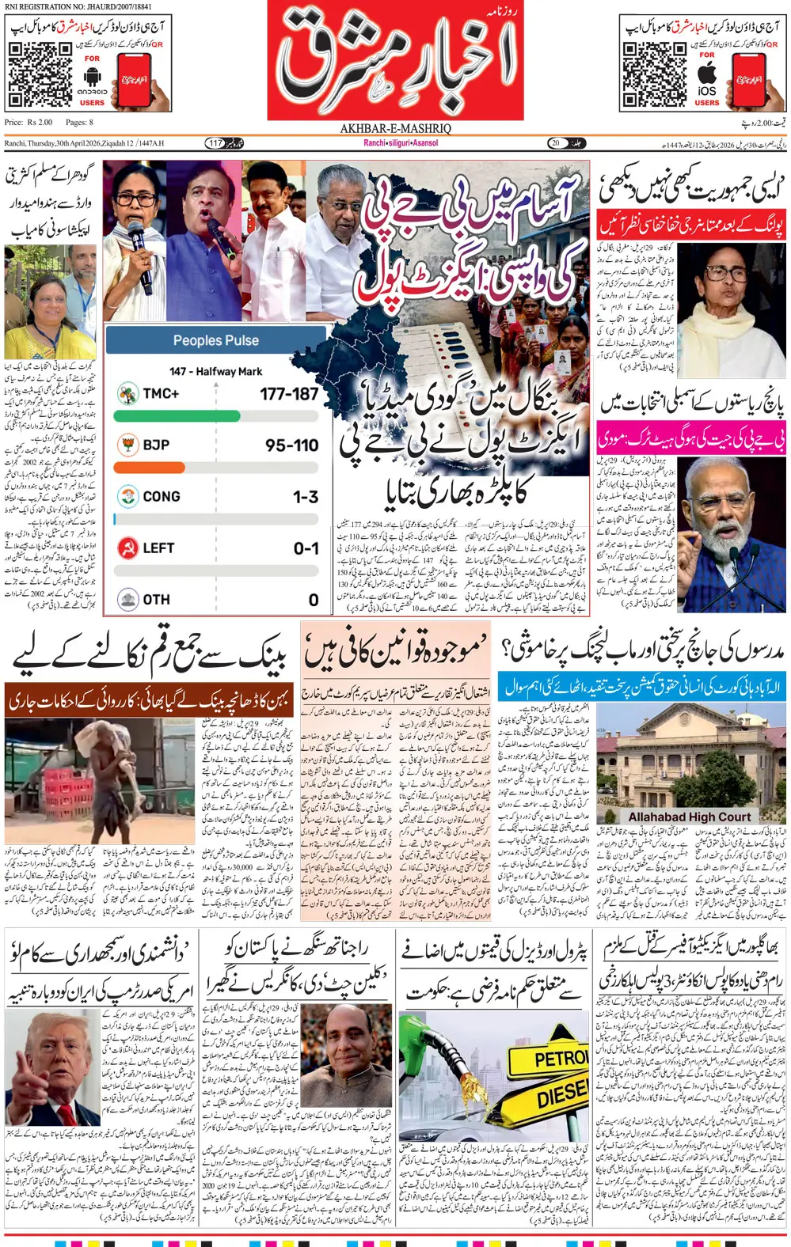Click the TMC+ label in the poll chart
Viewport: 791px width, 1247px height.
161,393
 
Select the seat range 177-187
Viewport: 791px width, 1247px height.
289,393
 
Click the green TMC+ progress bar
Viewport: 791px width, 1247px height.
177,416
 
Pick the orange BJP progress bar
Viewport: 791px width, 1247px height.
149,468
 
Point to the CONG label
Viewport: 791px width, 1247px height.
162,496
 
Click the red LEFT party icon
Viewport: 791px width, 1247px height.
127,548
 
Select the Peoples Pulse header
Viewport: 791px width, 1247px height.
215,340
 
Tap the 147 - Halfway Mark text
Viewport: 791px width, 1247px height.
215,371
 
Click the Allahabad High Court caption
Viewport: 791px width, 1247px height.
689,817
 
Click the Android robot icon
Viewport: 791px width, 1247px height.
93,77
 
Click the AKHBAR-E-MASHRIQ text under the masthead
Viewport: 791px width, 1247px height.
395,128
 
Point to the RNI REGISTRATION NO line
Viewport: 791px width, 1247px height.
78,6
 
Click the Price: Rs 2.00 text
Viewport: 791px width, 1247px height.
29,122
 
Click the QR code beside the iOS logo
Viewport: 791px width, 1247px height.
653,74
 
